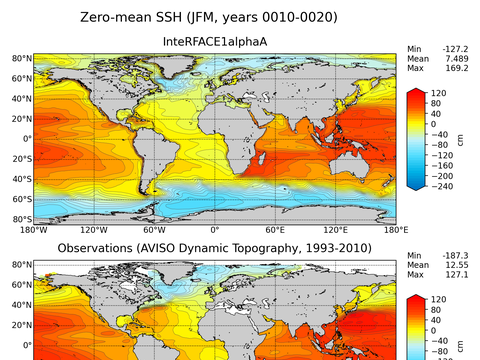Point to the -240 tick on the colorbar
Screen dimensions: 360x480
click(x=444, y=187)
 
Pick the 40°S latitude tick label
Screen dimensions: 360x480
click(x=21, y=179)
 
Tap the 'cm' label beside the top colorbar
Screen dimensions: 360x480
click(x=460, y=141)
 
